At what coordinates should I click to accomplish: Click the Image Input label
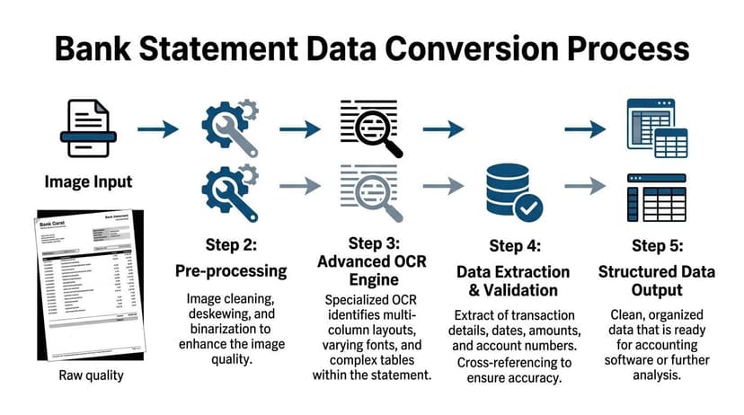(88, 182)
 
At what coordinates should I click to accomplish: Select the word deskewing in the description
(226, 315)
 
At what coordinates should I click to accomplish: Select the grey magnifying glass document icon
(372, 190)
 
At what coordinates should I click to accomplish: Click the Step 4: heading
(513, 245)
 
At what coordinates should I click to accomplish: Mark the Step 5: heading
(657, 245)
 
